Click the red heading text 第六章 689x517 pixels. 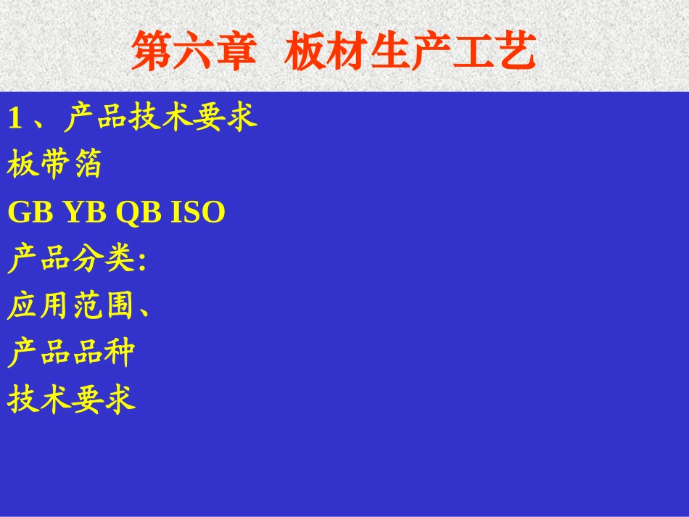tap(194, 51)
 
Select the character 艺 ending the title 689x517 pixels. tap(516, 51)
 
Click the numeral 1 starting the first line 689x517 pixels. tap(15, 118)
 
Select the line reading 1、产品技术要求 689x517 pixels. tap(133, 117)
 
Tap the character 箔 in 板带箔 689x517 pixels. tap(87, 165)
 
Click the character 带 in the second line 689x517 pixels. tap(54, 165)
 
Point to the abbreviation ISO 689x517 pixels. tap(197, 212)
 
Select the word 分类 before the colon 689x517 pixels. tap(103, 260)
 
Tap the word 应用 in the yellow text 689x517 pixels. tap(38, 307)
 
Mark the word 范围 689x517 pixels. tap(103, 307)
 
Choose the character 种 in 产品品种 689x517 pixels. tap(120, 353)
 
